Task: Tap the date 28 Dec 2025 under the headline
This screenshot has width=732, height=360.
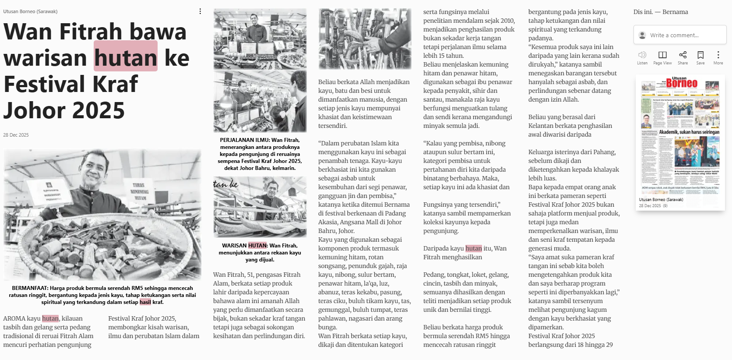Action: click(16, 135)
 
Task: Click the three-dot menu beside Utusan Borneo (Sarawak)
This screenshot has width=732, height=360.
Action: click(200, 11)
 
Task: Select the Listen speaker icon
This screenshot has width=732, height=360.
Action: click(642, 55)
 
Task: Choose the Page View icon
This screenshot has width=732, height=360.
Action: click(662, 55)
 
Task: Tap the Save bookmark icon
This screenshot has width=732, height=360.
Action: click(700, 55)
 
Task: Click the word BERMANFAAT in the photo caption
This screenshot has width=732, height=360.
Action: click(30, 288)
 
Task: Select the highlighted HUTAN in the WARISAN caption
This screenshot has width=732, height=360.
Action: click(257, 246)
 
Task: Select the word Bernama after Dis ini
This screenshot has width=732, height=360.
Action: click(675, 12)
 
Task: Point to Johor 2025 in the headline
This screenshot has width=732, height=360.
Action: click(64, 110)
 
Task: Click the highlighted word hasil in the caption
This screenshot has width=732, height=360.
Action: click(145, 302)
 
